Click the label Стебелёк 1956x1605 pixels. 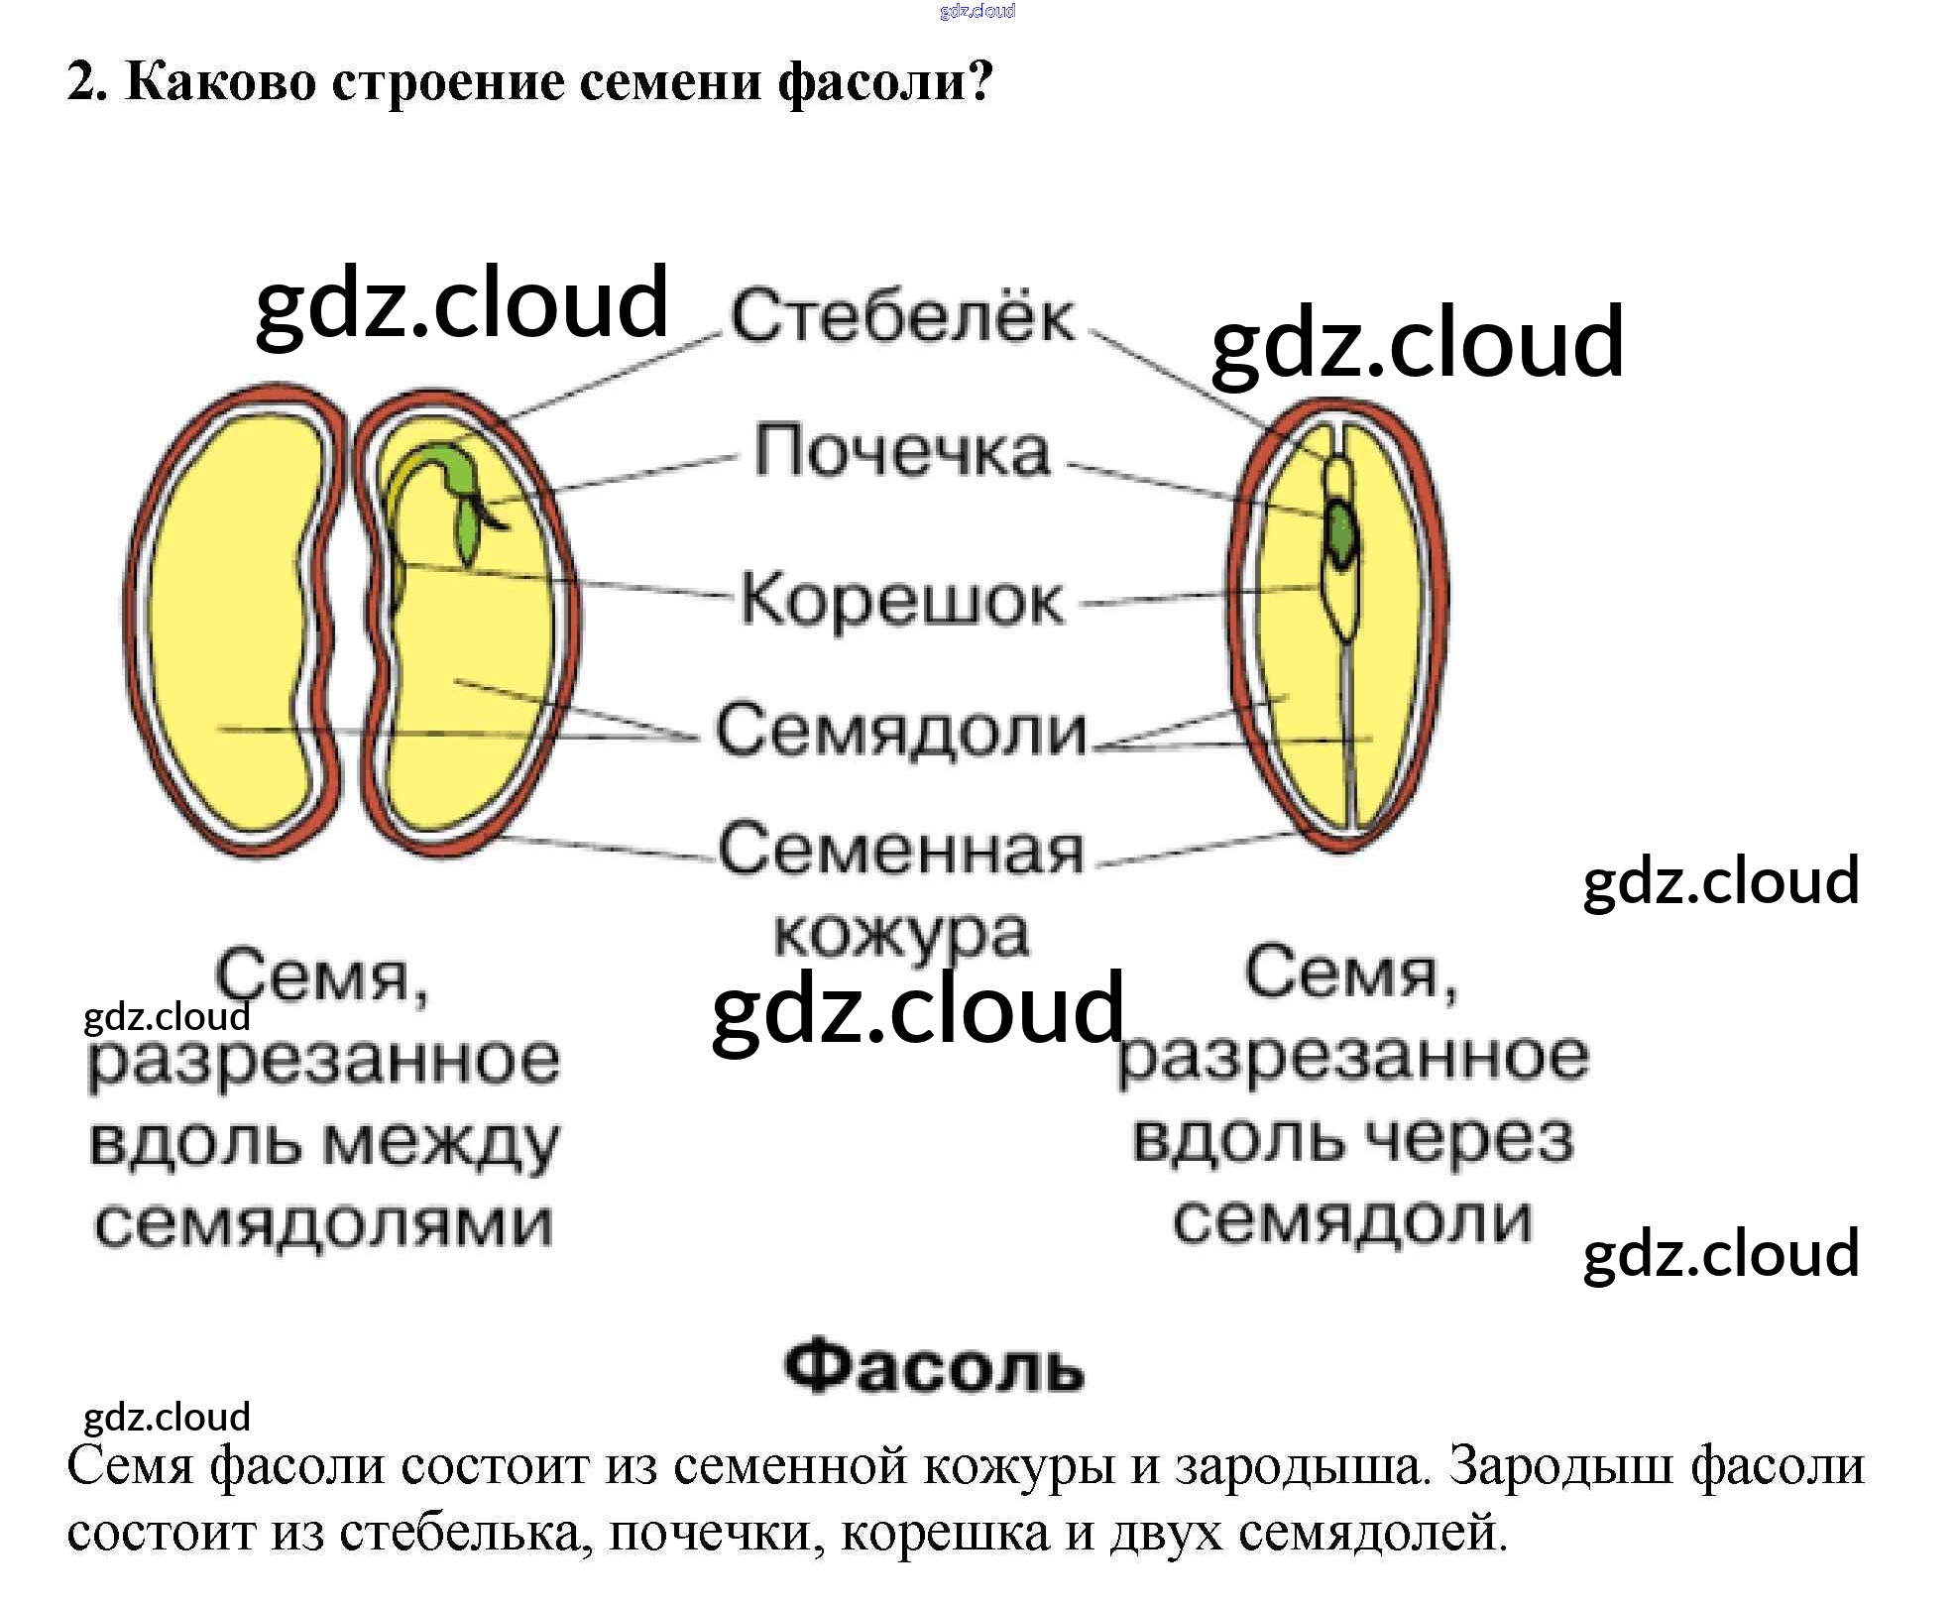tap(902, 316)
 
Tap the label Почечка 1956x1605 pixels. tap(901, 451)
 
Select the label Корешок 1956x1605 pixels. tap(901, 600)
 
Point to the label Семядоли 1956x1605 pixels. tap(901, 731)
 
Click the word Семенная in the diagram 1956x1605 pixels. tap(901, 851)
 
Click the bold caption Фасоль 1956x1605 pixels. tap(934, 1367)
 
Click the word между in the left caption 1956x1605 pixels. tap(441, 1143)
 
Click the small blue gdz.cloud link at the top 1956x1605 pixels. tap(978, 11)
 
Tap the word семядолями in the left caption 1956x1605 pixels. tap(323, 1225)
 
